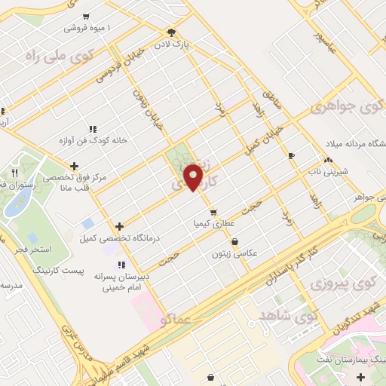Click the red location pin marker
195,176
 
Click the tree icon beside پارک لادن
172,32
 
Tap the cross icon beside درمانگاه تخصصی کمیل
120,226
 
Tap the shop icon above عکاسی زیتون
235,242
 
